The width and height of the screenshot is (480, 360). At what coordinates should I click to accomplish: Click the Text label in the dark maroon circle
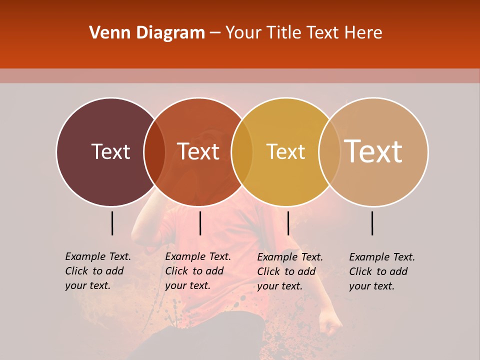pyautogui.click(x=110, y=151)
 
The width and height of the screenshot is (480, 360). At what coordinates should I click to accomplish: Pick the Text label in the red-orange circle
pyautogui.click(x=198, y=151)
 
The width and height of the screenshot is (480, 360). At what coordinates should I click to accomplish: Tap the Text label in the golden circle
pyautogui.click(x=285, y=151)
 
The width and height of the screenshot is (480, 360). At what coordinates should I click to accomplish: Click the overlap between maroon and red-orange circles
pyautogui.click(x=154, y=151)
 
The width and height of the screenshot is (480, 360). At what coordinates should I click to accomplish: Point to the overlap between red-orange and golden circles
pyautogui.click(x=242, y=151)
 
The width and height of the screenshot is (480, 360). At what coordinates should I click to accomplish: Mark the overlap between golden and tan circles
pyautogui.click(x=329, y=151)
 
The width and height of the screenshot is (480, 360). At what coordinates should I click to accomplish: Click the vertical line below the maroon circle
pyautogui.click(x=112, y=223)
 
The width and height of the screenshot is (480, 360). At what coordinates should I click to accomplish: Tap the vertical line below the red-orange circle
pyautogui.click(x=200, y=223)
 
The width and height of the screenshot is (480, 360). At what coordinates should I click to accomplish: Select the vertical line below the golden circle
pyautogui.click(x=288, y=223)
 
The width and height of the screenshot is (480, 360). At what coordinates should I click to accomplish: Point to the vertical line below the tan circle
pyautogui.click(x=372, y=223)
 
